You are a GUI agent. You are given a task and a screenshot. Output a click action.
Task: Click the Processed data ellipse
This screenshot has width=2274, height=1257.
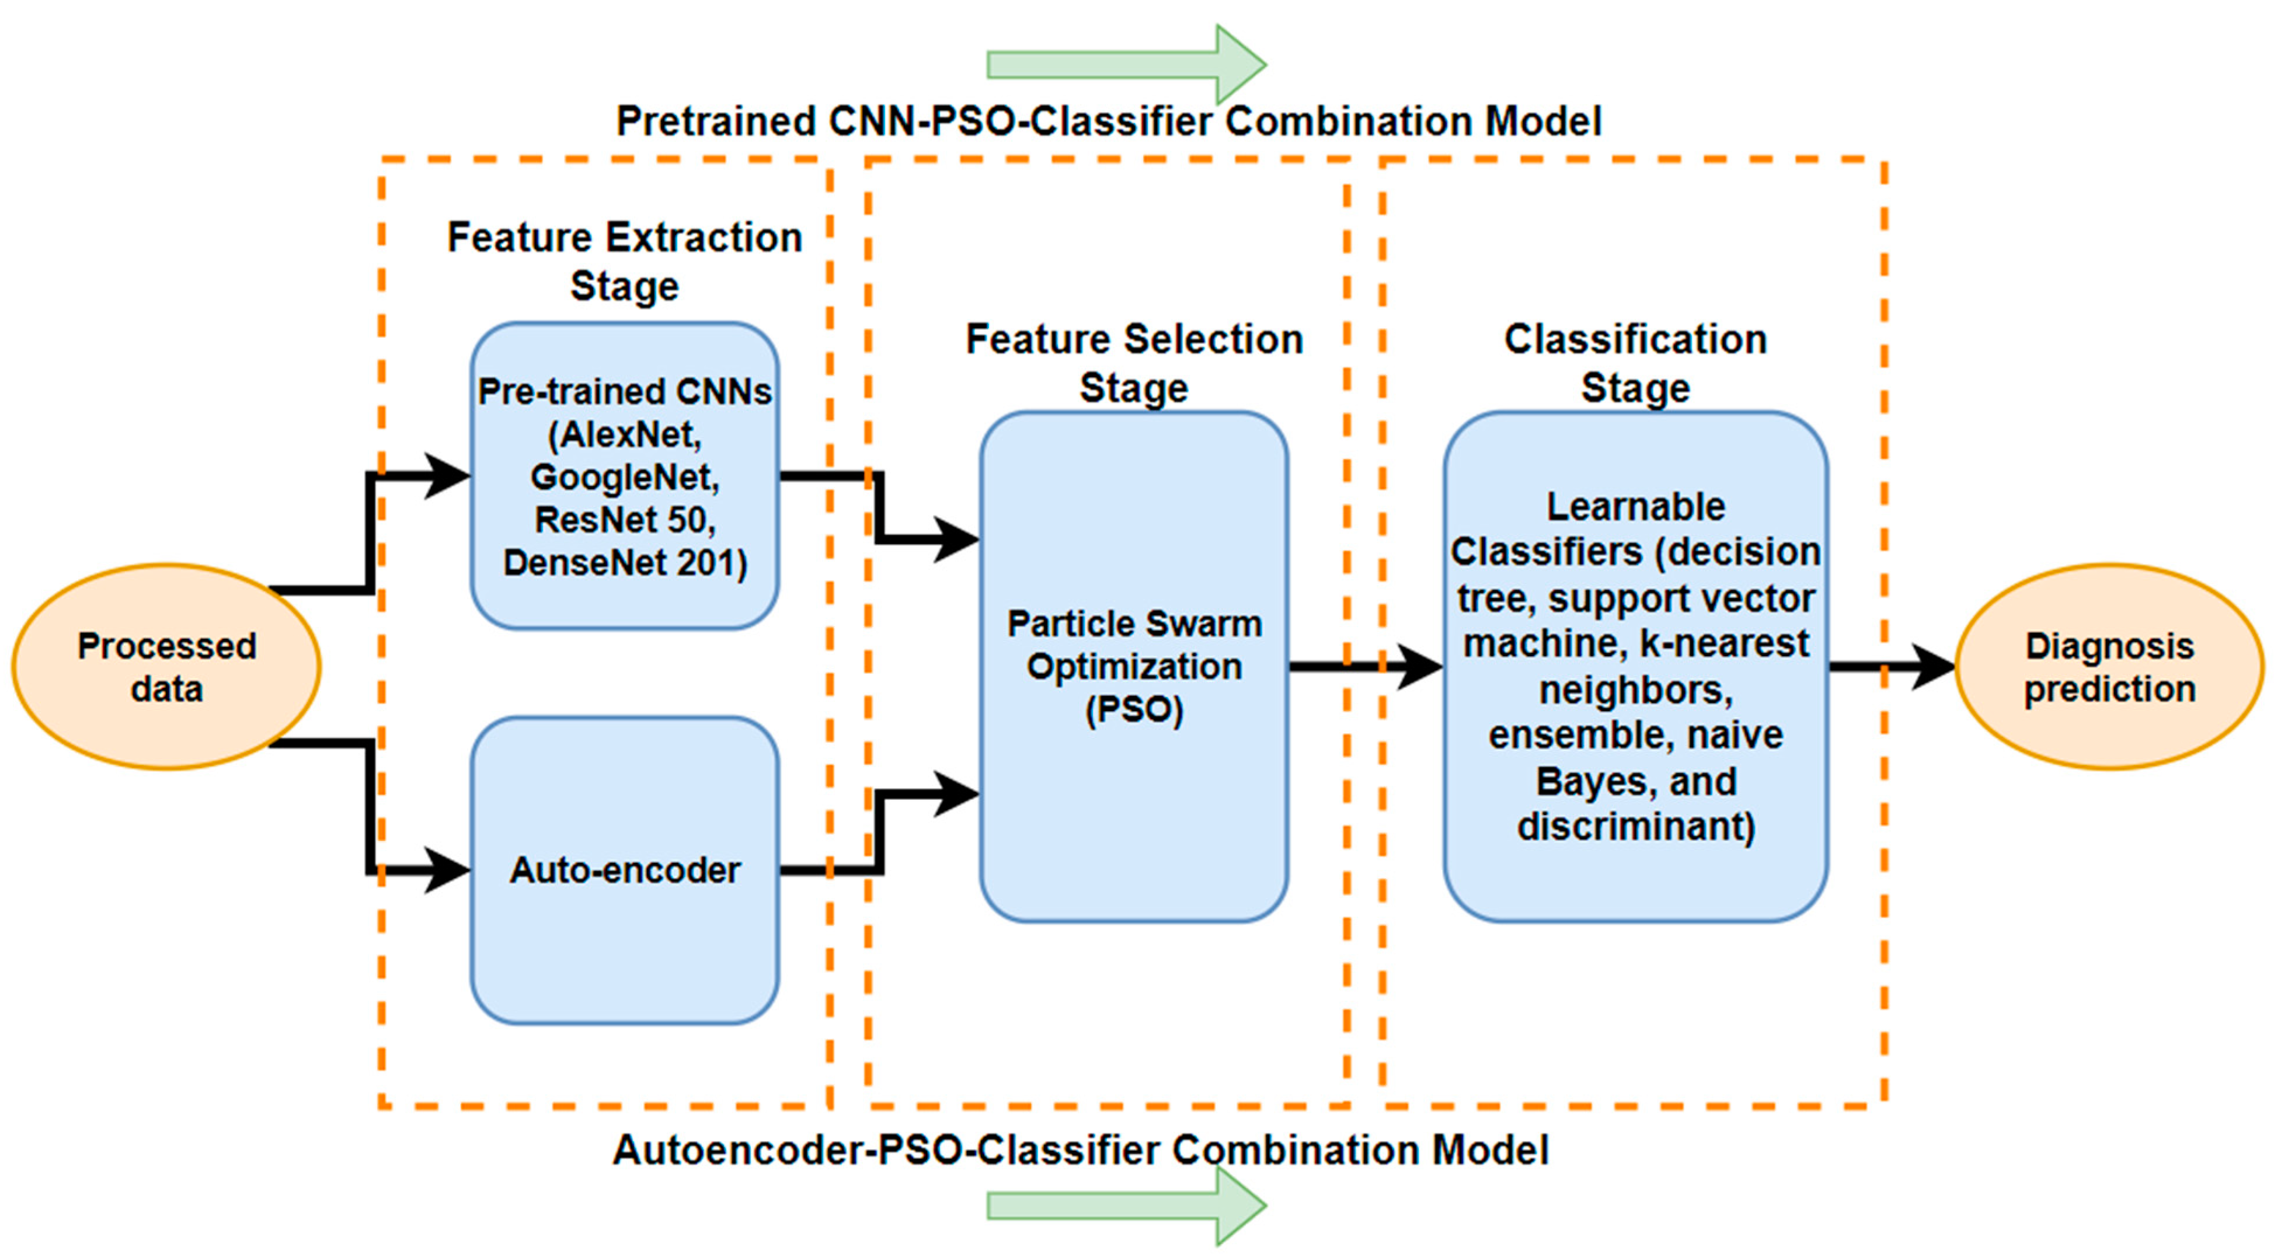click(x=166, y=667)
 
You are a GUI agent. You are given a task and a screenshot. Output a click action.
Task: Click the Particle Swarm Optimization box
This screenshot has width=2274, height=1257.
click(x=1133, y=795)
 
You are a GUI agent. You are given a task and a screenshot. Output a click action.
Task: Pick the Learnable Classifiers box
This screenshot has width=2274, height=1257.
click(x=1635, y=883)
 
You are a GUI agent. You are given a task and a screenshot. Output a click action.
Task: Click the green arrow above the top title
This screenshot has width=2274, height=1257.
click(x=1126, y=64)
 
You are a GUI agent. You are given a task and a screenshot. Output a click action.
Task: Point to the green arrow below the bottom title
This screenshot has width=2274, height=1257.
click(x=1126, y=1206)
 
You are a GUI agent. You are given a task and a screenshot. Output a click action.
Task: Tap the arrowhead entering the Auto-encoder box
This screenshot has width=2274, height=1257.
click(x=446, y=871)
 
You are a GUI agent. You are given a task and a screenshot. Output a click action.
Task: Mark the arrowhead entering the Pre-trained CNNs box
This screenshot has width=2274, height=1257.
click(x=446, y=476)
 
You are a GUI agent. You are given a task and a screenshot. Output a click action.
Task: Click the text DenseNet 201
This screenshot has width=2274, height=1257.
click(x=624, y=562)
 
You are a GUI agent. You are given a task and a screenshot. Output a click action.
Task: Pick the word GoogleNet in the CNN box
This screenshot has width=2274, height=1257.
click(x=624, y=478)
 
